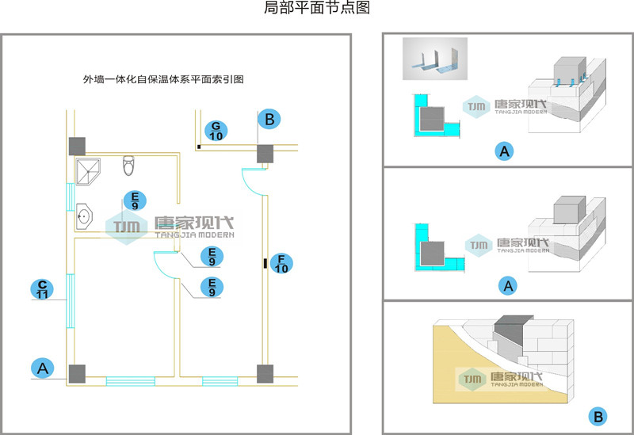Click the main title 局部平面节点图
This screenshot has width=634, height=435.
[316, 9]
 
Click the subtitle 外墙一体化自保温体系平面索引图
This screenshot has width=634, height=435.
[162, 79]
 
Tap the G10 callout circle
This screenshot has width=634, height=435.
[216, 130]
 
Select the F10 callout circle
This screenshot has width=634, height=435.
[280, 263]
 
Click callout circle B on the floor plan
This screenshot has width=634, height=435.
[270, 120]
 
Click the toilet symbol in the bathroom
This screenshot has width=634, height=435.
[129, 166]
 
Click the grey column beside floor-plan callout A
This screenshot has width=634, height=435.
[77, 374]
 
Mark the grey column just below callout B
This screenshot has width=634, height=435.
[265, 153]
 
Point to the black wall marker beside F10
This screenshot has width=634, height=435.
[264, 263]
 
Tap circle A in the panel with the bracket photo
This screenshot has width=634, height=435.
[502, 151]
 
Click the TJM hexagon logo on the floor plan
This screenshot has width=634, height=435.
[126, 227]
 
